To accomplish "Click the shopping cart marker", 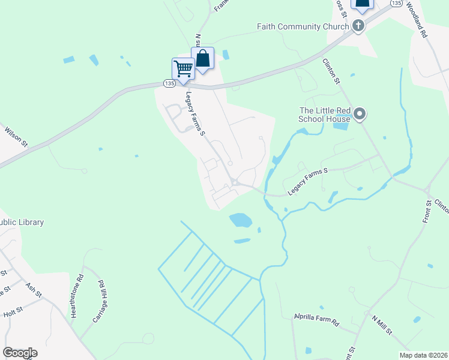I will pyautogui.click(x=183, y=67).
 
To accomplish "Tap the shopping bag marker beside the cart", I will pyautogui.click(x=203, y=58).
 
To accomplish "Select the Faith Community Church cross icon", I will pyautogui.click(x=358, y=26).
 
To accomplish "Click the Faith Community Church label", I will pyautogui.click(x=303, y=26).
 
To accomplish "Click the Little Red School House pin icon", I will pyautogui.click(x=360, y=113).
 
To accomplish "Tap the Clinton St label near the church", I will pyautogui.click(x=331, y=71).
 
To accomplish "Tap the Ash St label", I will pyautogui.click(x=34, y=290).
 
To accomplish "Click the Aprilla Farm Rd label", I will pyautogui.click(x=316, y=319).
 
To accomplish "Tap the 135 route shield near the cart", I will pyautogui.click(x=169, y=83).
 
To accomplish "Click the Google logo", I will pyautogui.click(x=20, y=353).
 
